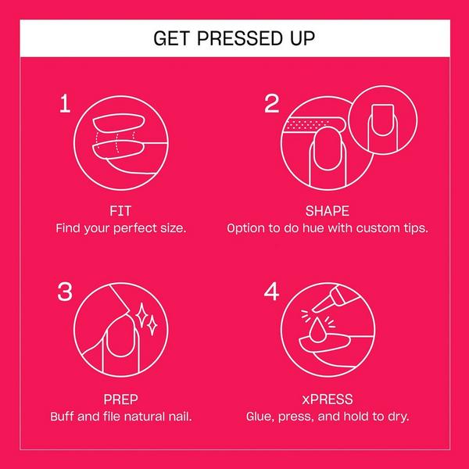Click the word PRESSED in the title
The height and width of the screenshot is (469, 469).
click(240, 38)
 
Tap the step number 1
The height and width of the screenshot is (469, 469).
click(65, 103)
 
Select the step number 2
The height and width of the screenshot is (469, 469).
click(271, 103)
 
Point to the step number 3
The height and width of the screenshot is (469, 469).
click(65, 292)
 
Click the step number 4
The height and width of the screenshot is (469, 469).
click(271, 292)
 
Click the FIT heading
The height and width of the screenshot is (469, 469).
click(120, 211)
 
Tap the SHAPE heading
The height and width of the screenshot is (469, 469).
click(328, 211)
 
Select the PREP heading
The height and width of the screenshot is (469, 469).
click(121, 399)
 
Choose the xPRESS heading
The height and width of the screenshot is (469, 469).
click(328, 399)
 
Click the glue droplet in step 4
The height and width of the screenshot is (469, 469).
click(317, 329)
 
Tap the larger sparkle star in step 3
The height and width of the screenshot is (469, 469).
click(141, 316)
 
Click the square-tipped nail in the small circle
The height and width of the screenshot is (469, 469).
click(382, 120)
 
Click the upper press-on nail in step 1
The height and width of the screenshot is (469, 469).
click(119, 123)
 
